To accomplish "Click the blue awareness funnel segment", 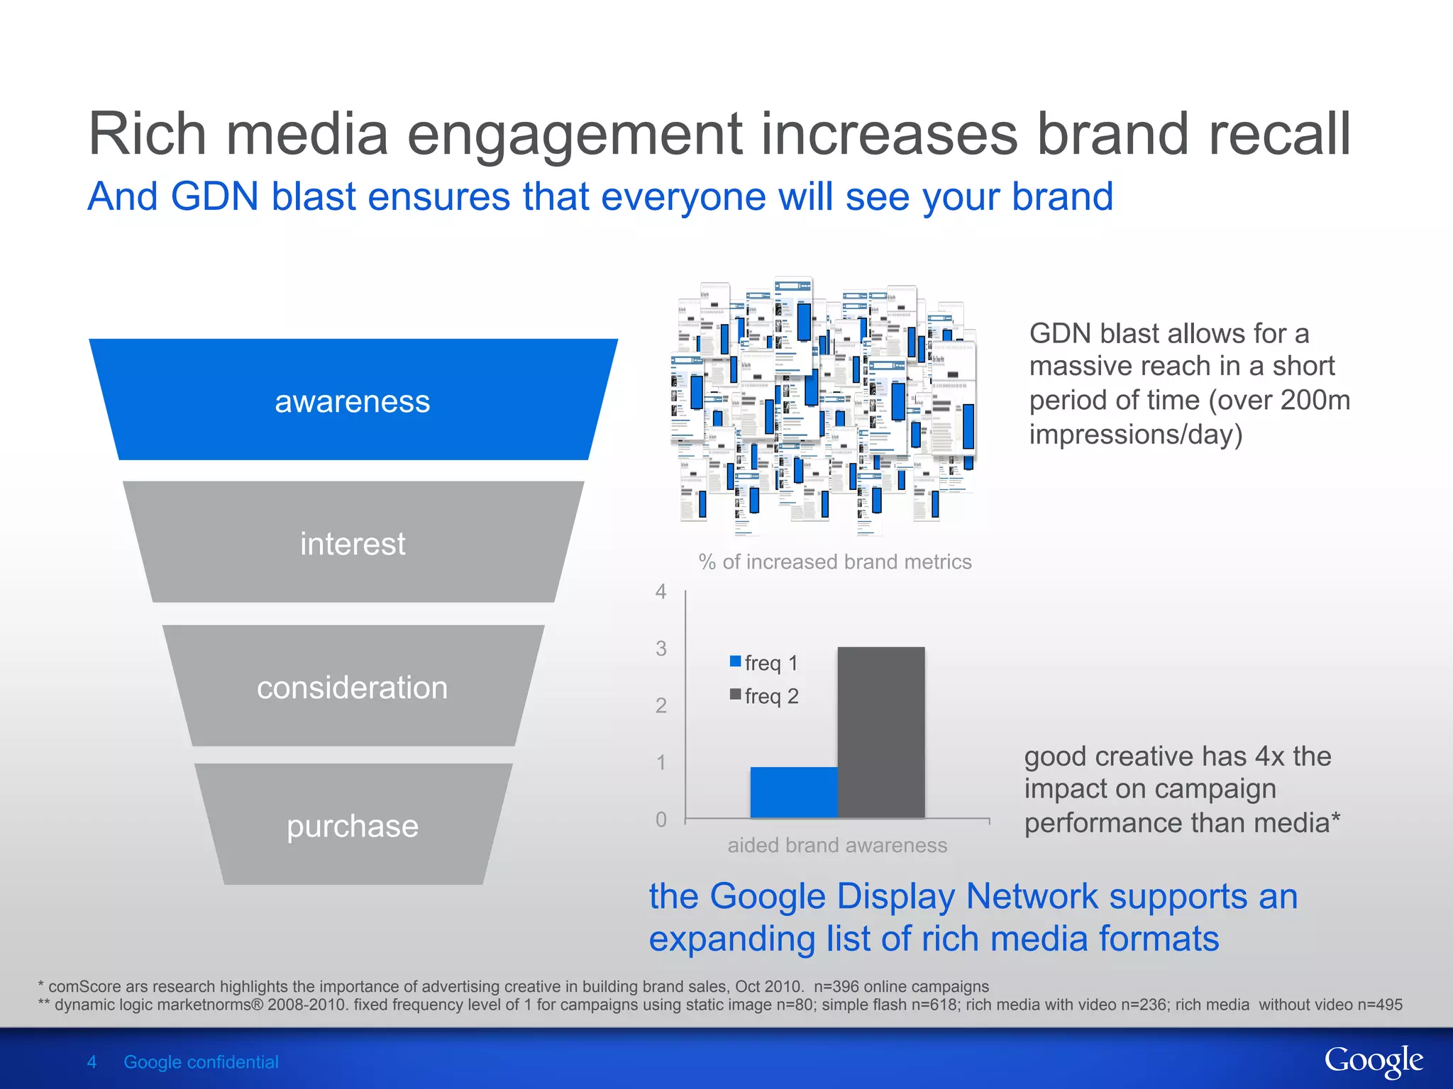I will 353,401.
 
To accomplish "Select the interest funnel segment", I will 353,543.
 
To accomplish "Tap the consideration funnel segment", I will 353,686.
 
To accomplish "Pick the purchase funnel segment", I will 353,825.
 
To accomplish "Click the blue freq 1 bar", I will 793,792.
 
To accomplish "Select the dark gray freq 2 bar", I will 880,732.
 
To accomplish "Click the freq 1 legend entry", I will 764,663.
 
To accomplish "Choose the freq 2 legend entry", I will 764,696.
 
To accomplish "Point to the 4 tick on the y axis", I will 661,591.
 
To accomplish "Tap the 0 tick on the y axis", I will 661,820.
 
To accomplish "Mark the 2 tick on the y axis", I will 661,705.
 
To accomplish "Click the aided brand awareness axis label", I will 837,845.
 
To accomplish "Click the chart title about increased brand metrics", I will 835,562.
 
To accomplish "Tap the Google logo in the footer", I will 1373,1061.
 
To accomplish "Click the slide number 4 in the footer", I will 92,1062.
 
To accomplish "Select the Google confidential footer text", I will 201,1062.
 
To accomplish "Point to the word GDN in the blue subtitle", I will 214,196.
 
